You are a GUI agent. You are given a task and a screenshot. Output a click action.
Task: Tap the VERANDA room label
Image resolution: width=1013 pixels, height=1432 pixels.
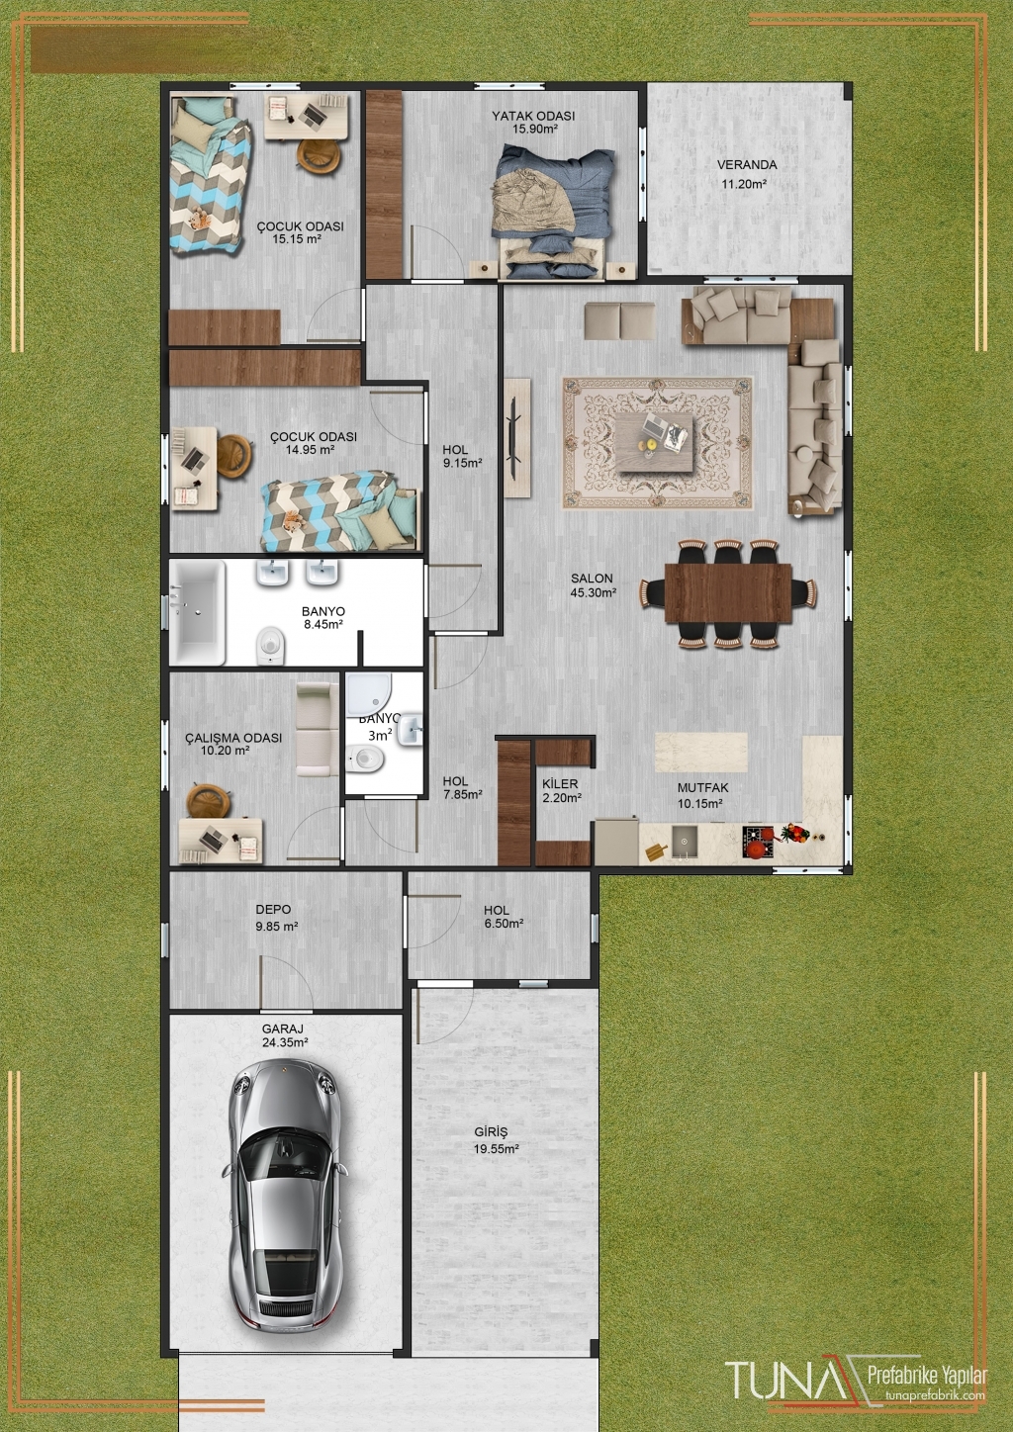[x=747, y=165]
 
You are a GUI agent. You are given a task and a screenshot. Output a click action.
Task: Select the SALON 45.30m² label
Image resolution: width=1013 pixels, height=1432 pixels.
[x=593, y=585]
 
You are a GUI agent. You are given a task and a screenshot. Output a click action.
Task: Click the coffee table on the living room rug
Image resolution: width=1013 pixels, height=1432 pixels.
[x=655, y=442]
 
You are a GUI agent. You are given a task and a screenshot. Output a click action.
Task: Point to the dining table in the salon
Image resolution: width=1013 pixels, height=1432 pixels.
[x=728, y=592]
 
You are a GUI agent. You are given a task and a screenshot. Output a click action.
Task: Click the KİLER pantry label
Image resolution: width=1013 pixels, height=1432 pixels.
[x=560, y=784]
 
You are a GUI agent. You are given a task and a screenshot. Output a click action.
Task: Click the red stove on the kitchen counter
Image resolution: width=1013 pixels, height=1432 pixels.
[x=759, y=842]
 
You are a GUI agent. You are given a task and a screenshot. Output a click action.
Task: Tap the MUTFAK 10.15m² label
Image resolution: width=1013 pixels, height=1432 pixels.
[x=702, y=796]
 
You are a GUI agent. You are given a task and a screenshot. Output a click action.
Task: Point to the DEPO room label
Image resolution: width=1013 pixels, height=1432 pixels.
[x=273, y=909]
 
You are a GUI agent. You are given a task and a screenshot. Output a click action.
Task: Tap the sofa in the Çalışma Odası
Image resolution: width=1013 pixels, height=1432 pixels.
[x=318, y=729]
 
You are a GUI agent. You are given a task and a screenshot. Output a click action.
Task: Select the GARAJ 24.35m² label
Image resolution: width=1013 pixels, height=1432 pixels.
[x=285, y=1035]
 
